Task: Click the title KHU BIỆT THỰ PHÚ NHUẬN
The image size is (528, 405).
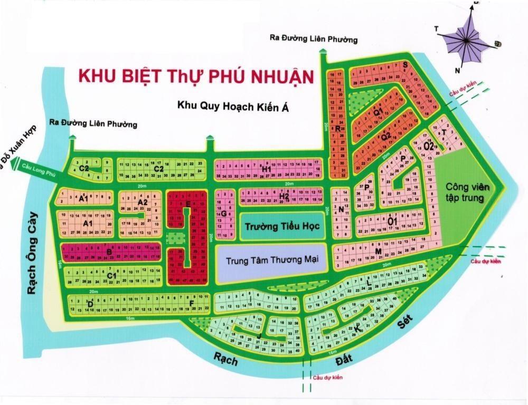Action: click(x=196, y=75)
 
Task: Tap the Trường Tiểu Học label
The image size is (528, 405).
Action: click(x=275, y=226)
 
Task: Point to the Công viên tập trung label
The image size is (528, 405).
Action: click(x=467, y=192)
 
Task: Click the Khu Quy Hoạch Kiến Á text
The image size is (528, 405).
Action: click(x=235, y=106)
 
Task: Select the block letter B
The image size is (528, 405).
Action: click(x=109, y=252)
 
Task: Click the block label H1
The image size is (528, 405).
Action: click(x=266, y=169)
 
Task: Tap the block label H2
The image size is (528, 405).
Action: click(x=284, y=197)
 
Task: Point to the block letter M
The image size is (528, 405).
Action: click(x=379, y=252)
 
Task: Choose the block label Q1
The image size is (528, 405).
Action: click(x=378, y=112)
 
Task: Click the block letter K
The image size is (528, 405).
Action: click(x=357, y=329)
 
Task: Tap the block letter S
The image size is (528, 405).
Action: click(x=405, y=65)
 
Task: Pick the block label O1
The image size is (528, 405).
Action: click(x=392, y=221)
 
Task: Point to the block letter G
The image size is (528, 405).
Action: click(x=223, y=214)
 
